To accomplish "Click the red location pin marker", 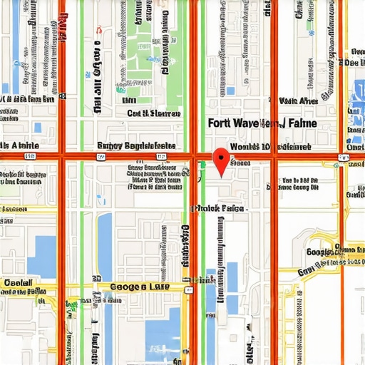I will click(x=222, y=160).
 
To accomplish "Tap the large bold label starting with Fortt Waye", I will click(x=261, y=123).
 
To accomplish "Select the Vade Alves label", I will click(x=299, y=101).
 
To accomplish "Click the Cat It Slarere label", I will click(x=153, y=113).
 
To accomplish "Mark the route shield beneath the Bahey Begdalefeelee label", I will click(x=163, y=155).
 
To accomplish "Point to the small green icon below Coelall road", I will click(x=71, y=307).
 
